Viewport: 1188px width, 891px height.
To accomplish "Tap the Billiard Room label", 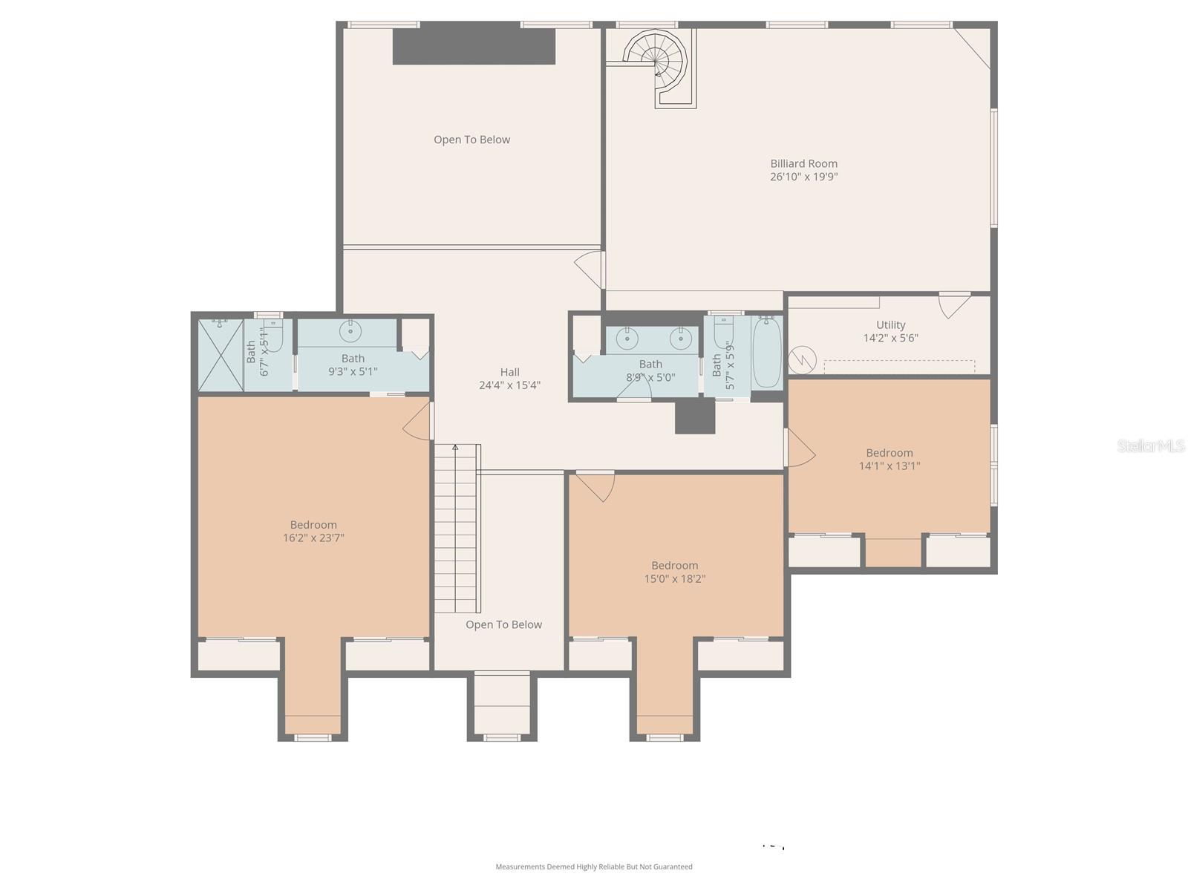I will coord(803,163).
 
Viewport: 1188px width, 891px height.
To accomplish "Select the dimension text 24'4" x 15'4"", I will coord(509,385).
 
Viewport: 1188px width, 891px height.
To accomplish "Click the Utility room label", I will coord(890,325).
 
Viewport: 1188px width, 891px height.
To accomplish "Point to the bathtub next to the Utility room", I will coord(767,352).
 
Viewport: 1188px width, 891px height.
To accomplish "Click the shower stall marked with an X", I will coord(221,355).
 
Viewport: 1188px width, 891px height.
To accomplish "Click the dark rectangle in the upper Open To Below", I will coord(474,47).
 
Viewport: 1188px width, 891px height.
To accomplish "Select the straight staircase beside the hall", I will coord(455,529).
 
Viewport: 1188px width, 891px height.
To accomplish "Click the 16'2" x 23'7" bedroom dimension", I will coord(313,538).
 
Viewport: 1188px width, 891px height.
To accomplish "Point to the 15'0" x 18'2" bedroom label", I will coord(674,566).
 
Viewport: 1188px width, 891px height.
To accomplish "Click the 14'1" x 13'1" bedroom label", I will coord(889,453).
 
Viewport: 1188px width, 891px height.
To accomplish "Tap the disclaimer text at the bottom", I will coord(594,866).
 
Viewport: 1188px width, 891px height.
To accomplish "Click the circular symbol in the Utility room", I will coord(802,360).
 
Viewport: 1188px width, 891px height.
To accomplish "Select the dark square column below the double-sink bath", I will coord(694,417).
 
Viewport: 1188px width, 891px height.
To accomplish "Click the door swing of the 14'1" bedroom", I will coord(800,450).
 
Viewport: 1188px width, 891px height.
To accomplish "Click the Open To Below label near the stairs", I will coord(503,624).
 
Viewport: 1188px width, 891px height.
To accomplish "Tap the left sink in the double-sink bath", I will coord(628,339).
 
